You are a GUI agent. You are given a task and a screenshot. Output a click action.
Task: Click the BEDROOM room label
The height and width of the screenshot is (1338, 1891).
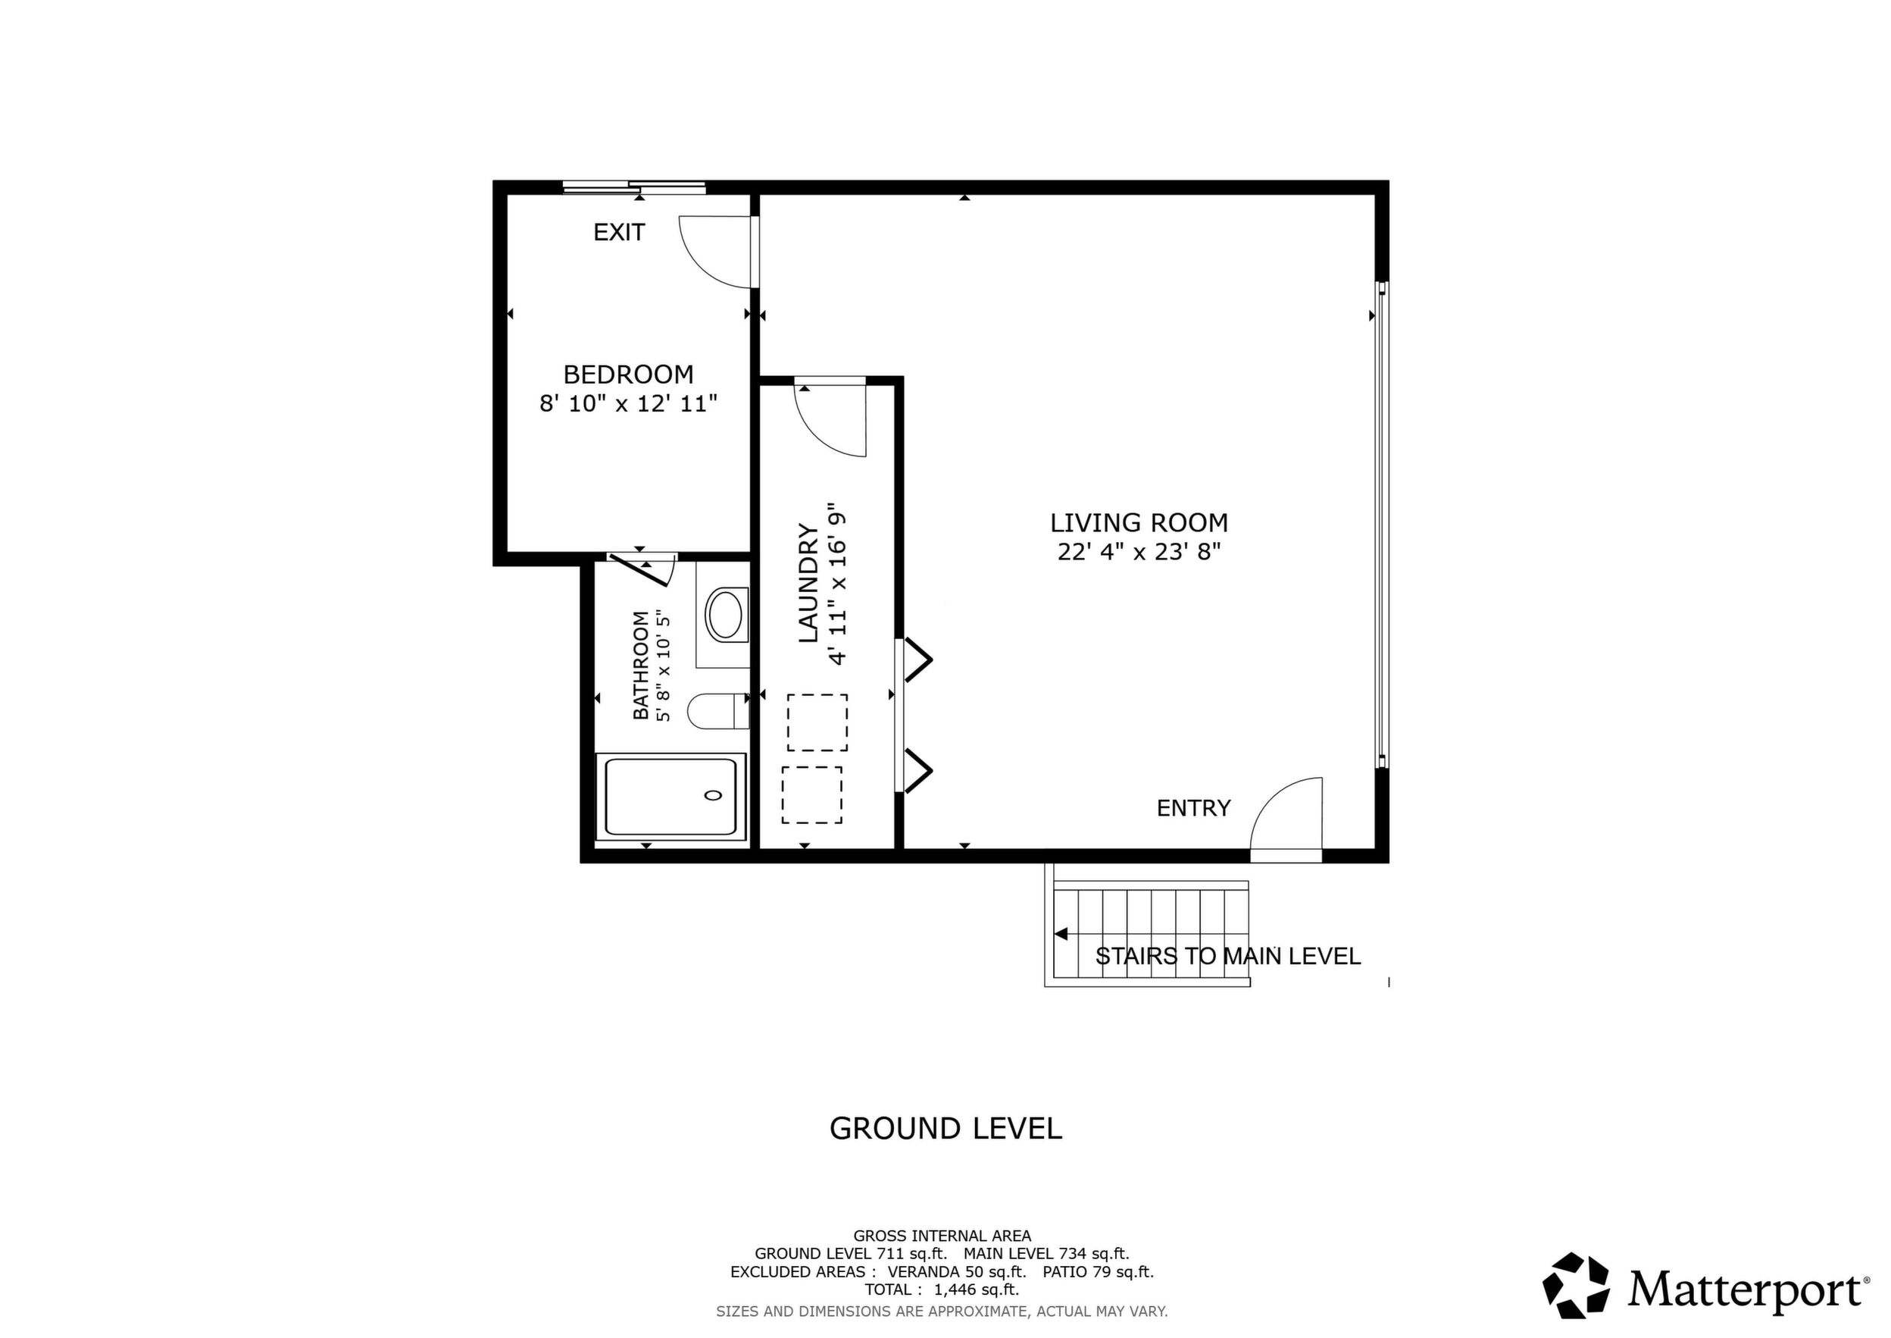tap(628, 375)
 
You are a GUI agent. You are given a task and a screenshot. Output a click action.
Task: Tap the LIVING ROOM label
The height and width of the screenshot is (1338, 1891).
tap(1139, 523)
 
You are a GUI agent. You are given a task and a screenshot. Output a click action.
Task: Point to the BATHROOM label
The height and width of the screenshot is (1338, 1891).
tap(641, 665)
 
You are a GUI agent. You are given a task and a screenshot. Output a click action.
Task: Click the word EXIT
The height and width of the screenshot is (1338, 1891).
tap(620, 232)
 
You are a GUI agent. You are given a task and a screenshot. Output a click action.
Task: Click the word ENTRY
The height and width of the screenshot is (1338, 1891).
tap(1193, 808)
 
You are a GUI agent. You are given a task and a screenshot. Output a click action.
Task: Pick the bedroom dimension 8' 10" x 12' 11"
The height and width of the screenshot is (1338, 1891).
tap(628, 404)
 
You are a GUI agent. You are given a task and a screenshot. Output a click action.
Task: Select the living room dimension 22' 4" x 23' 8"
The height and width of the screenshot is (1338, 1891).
tap(1139, 552)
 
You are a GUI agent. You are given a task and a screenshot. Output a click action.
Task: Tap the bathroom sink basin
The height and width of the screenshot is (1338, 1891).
tap(725, 615)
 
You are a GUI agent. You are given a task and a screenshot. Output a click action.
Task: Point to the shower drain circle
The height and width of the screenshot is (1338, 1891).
tap(713, 795)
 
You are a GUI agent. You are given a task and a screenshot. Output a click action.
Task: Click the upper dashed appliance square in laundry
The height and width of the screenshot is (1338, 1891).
tap(817, 722)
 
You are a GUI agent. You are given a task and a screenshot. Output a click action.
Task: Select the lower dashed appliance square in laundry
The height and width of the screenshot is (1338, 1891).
tap(812, 795)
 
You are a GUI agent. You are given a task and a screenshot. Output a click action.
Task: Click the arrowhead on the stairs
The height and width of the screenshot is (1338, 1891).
tap(1061, 934)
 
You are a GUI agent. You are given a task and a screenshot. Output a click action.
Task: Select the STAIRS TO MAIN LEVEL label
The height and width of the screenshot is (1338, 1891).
tap(1228, 957)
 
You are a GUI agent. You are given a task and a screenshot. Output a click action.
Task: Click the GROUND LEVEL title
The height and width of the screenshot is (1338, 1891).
tap(945, 1129)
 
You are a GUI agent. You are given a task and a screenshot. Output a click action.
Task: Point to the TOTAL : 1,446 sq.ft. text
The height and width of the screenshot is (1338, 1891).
tap(942, 1290)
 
